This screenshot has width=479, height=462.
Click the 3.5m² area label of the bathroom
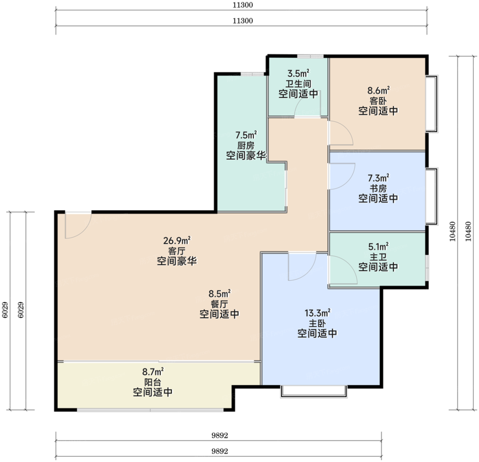pos(298,73)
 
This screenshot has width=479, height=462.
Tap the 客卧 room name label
pos(378,100)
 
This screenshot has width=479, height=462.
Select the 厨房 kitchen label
pos(246,145)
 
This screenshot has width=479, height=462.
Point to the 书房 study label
pos(378,188)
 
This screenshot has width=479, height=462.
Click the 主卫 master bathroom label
pos(378,256)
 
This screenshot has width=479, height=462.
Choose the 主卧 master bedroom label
pos(317,323)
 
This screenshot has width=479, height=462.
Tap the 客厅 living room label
pos(177,251)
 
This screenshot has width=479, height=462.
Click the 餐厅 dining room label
pos(219,304)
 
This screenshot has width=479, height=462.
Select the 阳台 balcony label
pos(152,382)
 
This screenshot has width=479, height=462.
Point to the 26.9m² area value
pos(177,241)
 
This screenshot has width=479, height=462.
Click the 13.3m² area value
pos(317,313)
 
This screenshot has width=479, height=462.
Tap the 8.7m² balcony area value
pos(153,371)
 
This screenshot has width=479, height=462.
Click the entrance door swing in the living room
pos(78,225)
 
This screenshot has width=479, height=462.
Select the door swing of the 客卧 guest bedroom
pos(341,133)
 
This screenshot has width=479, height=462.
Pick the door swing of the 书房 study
pos(342,176)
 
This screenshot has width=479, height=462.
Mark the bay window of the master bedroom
pos(314,392)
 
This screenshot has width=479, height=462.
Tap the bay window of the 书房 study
pos(432,196)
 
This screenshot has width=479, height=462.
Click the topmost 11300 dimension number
pos(243,5)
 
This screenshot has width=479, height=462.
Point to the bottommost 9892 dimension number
pos(220,451)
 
